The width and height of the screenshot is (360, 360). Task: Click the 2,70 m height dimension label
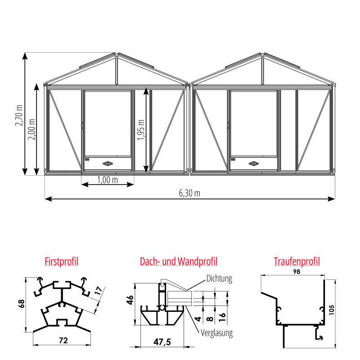[x=19, y=116]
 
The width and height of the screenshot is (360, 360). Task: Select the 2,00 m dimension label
[x=32, y=130]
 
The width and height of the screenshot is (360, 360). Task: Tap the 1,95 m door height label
[x=141, y=130]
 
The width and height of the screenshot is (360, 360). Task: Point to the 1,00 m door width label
[x=108, y=180]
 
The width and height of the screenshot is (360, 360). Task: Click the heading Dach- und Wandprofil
[x=179, y=261]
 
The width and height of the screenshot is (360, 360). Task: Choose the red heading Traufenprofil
[x=297, y=261]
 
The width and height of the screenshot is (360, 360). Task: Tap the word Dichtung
[x=219, y=279]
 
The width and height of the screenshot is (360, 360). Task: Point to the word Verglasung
[x=217, y=333]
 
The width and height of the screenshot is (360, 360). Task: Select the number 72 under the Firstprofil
[x=63, y=341]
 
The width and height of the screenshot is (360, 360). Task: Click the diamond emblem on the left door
[x=108, y=164]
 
